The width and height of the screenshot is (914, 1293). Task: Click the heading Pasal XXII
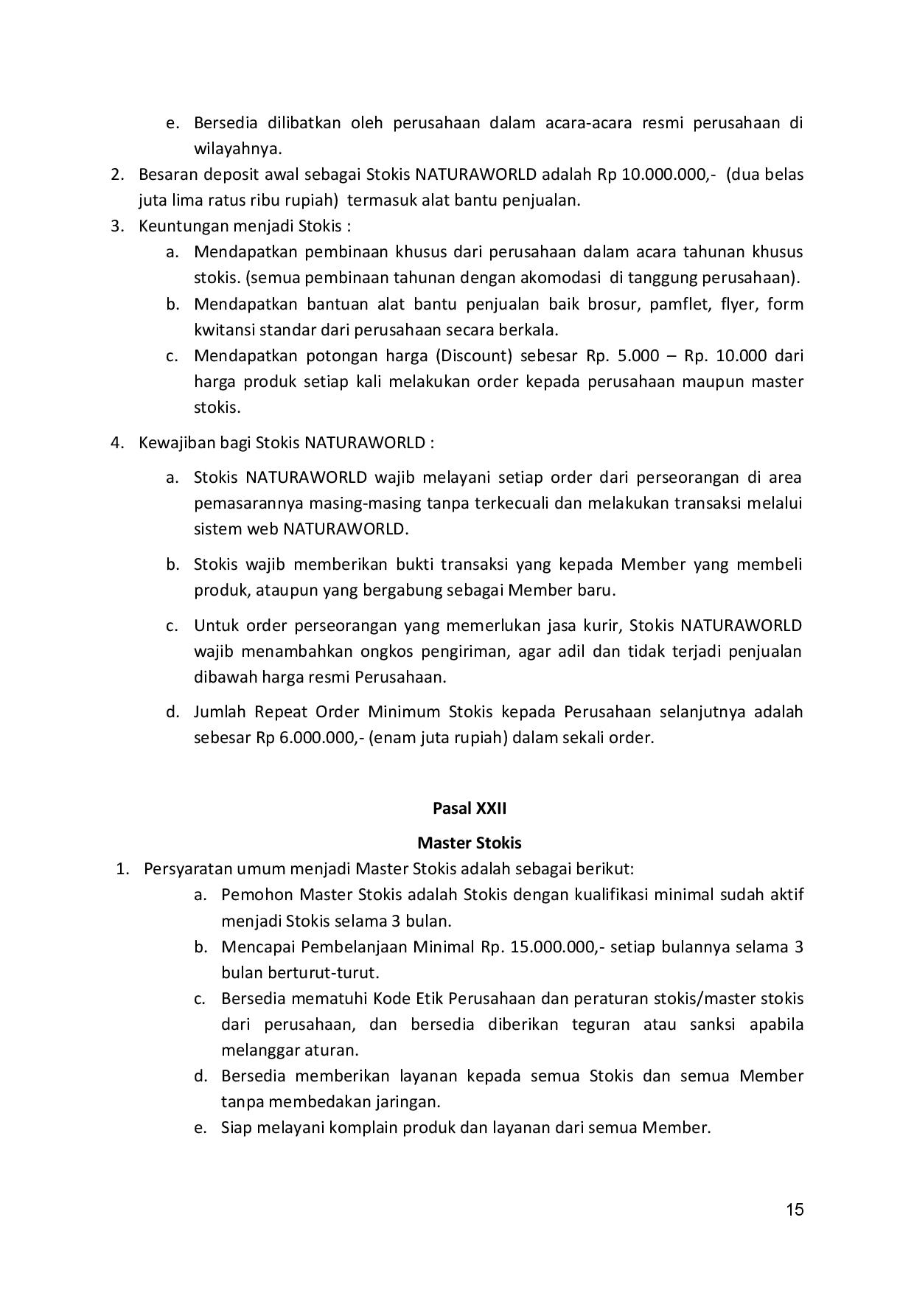469,808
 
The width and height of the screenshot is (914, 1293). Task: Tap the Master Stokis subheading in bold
469,843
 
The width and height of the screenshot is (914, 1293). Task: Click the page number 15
795,1210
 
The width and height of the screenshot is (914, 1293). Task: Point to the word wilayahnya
237,149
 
